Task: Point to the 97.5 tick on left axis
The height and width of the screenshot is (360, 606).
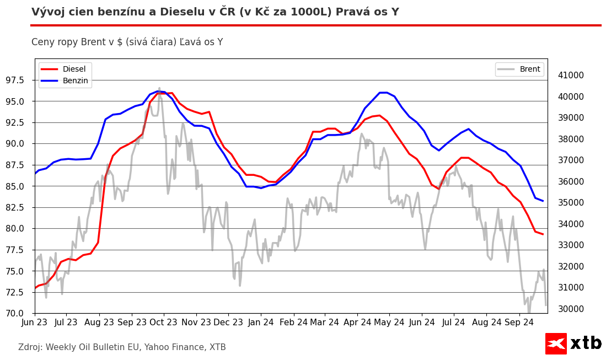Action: (x=20, y=80)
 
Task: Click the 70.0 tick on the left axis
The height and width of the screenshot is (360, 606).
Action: (x=20, y=314)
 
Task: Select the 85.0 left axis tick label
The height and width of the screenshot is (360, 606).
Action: (x=20, y=186)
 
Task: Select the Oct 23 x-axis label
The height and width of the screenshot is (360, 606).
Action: (x=163, y=322)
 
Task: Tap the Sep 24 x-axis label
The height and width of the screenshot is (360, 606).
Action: (x=518, y=322)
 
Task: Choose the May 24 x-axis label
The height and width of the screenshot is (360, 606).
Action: (x=389, y=322)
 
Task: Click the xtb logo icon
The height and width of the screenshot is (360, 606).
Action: (x=556, y=343)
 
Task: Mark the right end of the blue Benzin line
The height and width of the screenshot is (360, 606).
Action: (x=543, y=201)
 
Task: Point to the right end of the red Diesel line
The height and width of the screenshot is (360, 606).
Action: (x=543, y=234)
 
